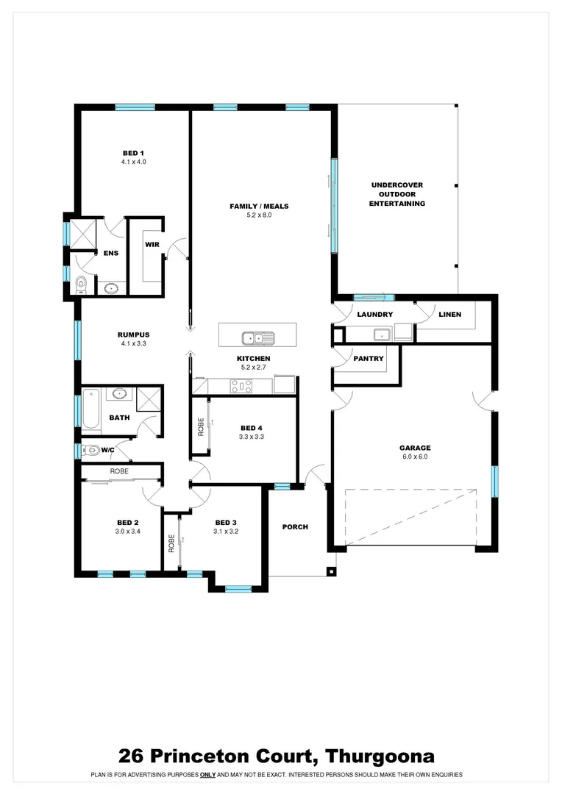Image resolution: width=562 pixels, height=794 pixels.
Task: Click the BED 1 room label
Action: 133,153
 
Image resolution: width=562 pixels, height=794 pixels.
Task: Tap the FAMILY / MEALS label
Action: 259,207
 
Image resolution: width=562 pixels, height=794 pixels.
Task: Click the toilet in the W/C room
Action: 90,450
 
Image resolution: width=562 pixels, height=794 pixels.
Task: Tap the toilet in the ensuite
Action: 82,284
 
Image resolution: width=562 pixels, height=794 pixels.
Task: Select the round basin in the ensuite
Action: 112,288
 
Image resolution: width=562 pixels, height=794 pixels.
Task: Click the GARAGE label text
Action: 415,448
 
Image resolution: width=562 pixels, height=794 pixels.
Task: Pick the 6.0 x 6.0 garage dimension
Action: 415,457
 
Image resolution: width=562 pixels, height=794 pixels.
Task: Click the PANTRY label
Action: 369,359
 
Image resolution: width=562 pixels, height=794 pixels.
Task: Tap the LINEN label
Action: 449,315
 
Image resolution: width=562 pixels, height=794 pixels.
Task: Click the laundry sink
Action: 381,335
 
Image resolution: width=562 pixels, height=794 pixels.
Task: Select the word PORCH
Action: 295,526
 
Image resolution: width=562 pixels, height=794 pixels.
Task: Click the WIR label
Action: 152,244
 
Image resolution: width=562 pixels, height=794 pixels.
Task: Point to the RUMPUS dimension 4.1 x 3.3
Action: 133,343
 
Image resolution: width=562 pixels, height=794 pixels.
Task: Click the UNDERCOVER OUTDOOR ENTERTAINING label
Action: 396,194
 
